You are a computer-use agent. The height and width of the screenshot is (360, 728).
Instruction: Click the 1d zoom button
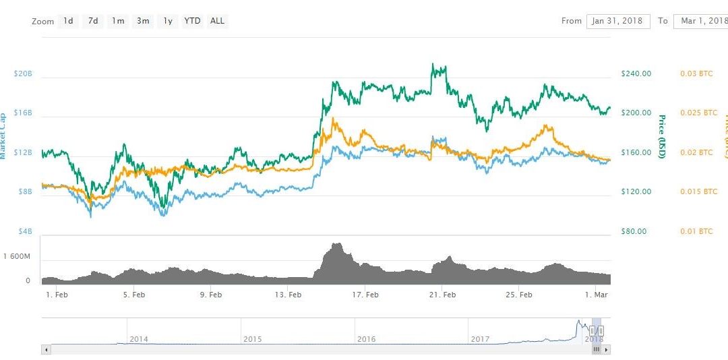coord(68,21)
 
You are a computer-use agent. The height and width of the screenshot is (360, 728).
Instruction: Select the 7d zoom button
coord(93,21)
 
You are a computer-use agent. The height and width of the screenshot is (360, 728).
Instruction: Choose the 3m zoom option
coord(143,21)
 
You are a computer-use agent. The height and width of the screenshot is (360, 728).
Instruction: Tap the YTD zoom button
coord(192,21)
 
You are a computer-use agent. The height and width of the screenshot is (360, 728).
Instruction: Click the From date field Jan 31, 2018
coord(617,21)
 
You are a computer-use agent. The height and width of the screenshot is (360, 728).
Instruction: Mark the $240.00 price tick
coord(636,73)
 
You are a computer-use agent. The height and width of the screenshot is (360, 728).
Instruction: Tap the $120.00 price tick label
coord(636,191)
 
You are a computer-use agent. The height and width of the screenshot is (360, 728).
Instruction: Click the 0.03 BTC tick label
coord(696,73)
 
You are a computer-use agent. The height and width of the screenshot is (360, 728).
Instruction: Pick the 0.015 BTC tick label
coord(698,191)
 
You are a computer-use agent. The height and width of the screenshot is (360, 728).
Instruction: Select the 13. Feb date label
coord(288,295)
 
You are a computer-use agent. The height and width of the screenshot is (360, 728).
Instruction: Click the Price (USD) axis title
coord(662,136)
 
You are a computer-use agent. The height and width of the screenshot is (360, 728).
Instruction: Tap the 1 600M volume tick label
coord(16,256)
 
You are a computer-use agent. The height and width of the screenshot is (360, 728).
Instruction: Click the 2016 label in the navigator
coord(366,339)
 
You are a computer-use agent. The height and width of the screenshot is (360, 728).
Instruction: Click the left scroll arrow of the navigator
coord(46,350)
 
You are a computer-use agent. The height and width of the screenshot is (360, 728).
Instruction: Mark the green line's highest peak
coord(433,65)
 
